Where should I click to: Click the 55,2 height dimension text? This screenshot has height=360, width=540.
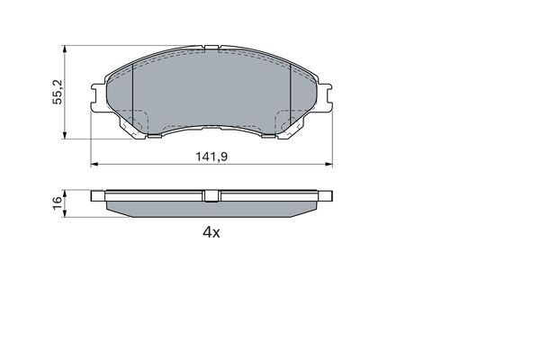57,91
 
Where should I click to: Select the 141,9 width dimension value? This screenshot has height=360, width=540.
211,156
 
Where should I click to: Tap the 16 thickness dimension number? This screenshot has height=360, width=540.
57,203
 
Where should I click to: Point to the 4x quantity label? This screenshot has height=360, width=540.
211,231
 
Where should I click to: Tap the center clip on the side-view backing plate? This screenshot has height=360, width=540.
211,195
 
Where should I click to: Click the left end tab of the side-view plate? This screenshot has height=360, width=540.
99,193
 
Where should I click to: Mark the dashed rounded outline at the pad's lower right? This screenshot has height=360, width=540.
288,119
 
